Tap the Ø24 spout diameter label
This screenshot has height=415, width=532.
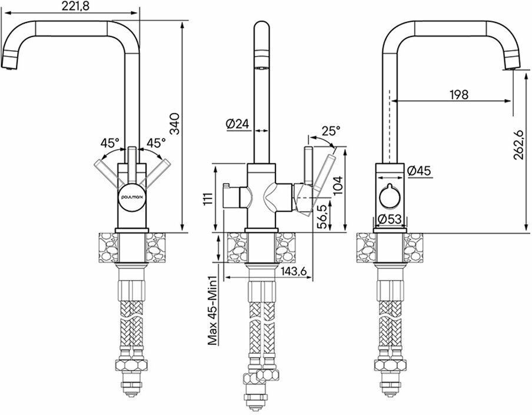tap(238, 124)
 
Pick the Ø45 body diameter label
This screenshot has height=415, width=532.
tap(419, 170)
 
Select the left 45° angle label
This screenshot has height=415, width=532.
tap(110, 143)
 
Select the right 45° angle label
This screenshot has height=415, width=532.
tap(156, 143)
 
